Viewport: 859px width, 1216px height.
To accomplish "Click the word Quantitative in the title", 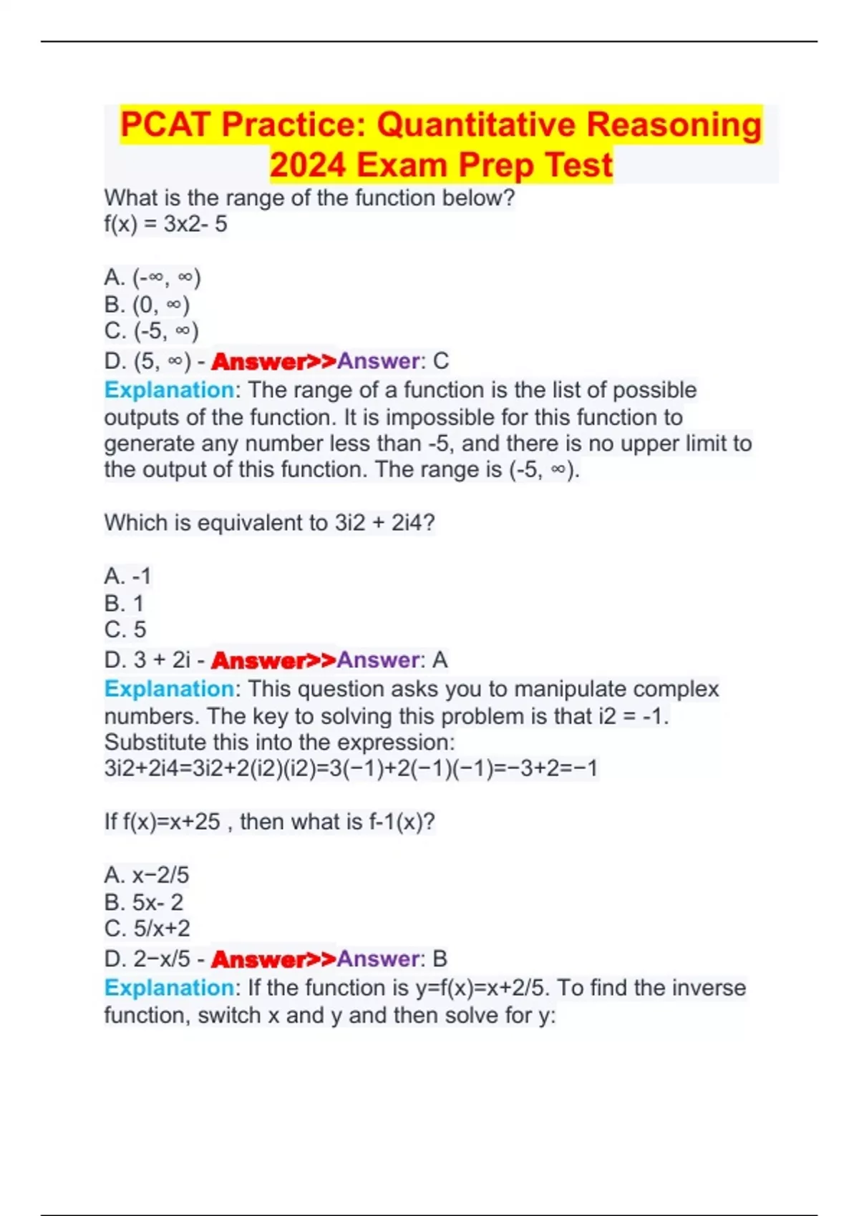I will click(x=476, y=124).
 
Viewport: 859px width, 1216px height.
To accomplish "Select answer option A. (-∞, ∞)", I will click(x=152, y=277).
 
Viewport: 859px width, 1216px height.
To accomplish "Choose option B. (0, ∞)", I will click(x=147, y=305).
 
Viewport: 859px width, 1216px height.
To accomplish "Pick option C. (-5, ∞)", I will click(x=151, y=331).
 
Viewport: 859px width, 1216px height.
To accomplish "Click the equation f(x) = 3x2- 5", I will click(x=165, y=225).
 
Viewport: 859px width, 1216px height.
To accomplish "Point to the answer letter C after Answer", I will click(x=441, y=361).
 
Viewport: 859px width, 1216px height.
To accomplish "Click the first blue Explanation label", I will click(x=169, y=390).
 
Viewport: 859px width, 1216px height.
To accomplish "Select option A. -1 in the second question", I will click(x=127, y=576).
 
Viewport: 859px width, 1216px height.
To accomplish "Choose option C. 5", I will click(x=125, y=629).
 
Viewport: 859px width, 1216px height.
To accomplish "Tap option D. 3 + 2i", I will click(x=147, y=660).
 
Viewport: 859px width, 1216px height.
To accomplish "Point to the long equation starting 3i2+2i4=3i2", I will click(x=351, y=768).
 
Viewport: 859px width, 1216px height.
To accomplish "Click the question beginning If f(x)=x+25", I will click(x=269, y=822).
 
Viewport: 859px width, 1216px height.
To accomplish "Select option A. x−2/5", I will click(x=147, y=875).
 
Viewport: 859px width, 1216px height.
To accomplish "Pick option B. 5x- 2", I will click(x=143, y=902).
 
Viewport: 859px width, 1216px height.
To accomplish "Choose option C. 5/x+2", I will click(x=147, y=928).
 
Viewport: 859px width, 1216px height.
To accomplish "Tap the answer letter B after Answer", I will click(x=440, y=958).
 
